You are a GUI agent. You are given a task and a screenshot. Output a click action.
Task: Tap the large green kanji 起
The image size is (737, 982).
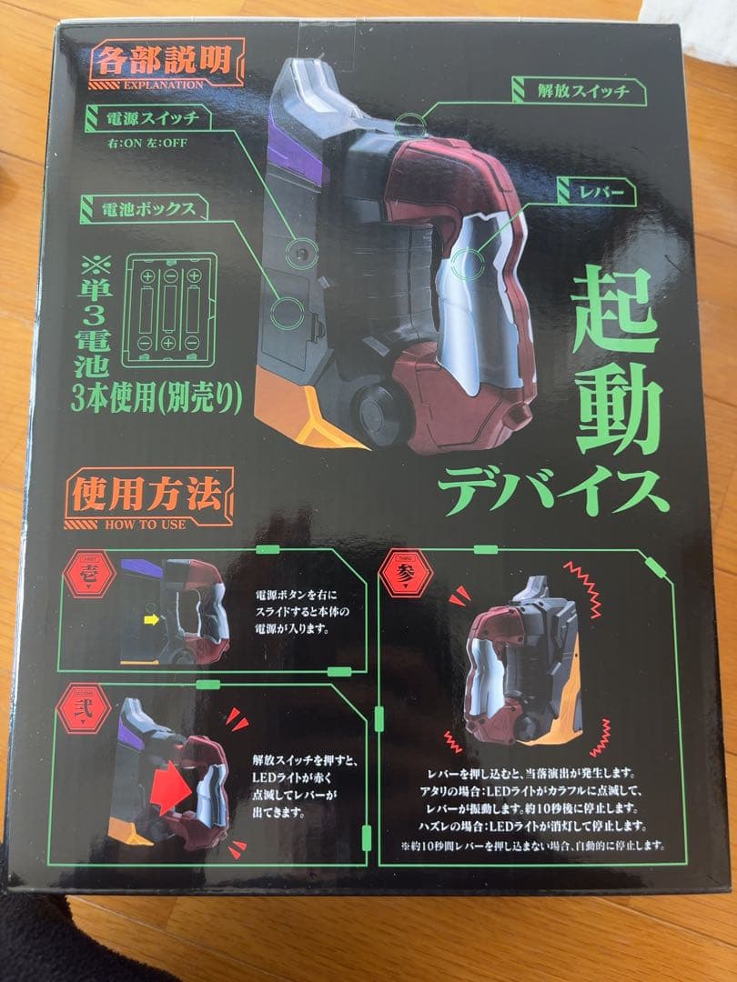coord(616,310)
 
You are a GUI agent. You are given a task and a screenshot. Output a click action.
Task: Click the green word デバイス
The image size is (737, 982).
coord(552,492)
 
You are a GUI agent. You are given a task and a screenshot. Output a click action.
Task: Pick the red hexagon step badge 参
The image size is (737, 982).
coord(407,575)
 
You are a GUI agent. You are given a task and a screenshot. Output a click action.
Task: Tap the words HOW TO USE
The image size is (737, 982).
coord(146,524)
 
